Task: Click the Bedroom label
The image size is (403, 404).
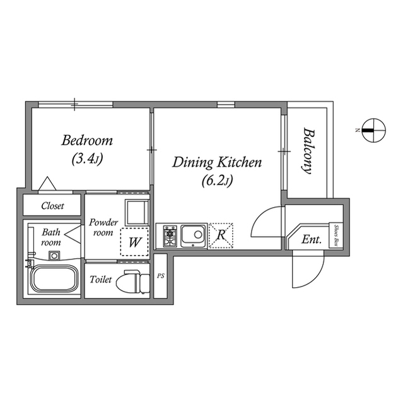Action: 87,140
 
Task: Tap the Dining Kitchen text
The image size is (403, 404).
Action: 217,162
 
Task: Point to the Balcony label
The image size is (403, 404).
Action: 308,151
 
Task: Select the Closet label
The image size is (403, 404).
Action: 52,206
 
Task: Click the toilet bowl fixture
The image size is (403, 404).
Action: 133,282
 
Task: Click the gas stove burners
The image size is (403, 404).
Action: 170,236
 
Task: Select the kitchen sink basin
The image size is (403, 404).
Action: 193,235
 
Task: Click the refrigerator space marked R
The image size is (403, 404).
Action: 221,235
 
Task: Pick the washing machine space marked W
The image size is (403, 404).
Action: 134,242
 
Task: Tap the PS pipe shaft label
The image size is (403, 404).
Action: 161,276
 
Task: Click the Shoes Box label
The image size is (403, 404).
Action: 336,235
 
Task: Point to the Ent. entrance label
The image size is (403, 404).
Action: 312,239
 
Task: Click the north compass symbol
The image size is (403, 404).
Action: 373,131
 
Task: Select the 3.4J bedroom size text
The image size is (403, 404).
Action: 87,158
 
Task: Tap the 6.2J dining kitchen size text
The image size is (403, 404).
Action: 217,181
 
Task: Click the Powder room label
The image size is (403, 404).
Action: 103,227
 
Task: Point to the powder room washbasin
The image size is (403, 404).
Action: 137,213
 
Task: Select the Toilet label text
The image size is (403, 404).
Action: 101,279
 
